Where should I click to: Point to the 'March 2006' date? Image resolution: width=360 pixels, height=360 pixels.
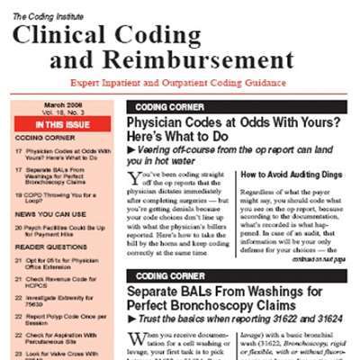point(62,106)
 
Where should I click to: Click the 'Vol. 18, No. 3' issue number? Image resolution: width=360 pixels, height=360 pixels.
point(62,114)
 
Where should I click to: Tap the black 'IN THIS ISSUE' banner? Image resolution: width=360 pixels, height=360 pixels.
point(62,124)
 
